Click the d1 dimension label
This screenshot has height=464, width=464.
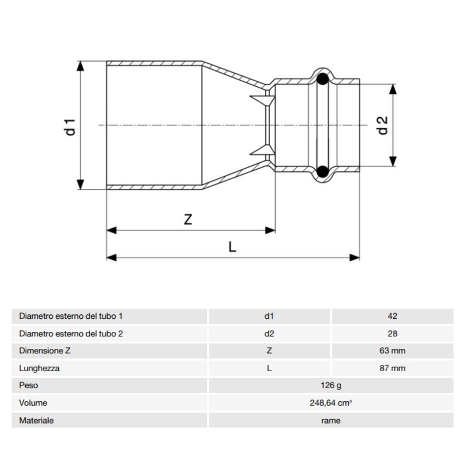tap(69, 126)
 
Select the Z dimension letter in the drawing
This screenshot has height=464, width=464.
tap(188, 219)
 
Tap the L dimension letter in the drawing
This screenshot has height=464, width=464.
tap(233, 247)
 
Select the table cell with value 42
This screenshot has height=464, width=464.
tap(392, 316)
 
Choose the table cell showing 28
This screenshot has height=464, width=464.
tap(392, 334)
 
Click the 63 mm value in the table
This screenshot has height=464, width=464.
tap(392, 351)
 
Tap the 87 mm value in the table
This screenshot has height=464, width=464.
tap(392, 368)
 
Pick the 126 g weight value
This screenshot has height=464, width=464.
tap(330, 386)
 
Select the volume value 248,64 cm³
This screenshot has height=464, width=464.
tap(330, 403)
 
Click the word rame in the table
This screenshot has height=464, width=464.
tap(330, 421)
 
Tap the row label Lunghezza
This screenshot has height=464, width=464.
tap(39, 368)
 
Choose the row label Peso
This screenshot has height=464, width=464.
tap(28, 386)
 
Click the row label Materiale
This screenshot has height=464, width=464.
tap(36, 421)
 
